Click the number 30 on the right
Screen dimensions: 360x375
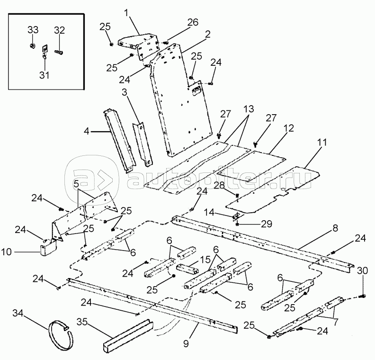pyautogui.click(x=363, y=270)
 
